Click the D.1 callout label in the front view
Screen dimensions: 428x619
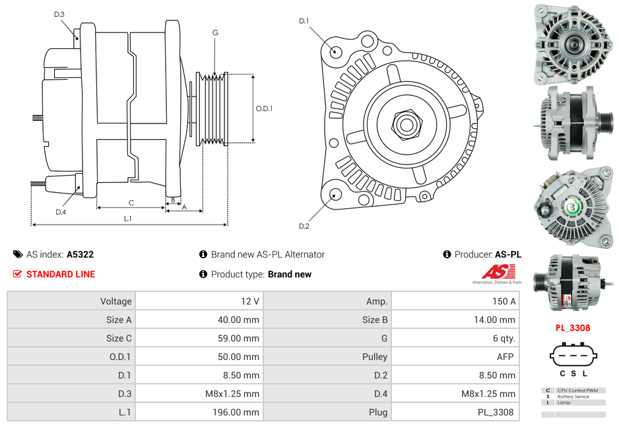304,21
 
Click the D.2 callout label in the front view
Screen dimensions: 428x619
304,227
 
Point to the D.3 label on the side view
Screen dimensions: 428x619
59,14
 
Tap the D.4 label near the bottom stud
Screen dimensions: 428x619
61,212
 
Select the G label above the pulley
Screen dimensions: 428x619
215,32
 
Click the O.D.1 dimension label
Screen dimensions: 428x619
264,109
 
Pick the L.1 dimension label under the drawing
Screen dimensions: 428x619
128,219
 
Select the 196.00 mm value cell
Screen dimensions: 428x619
239,412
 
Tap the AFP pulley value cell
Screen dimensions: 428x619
504,357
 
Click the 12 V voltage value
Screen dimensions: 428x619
250,301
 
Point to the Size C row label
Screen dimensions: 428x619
119,338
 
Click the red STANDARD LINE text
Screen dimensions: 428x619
61,274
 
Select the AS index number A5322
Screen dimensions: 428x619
80,254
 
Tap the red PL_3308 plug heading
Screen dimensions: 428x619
572,328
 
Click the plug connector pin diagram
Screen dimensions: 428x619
572,357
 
